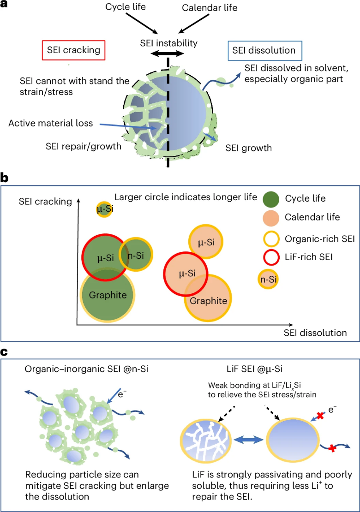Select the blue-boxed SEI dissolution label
[262, 49]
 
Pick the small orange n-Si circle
[268, 279]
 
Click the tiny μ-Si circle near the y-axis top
[104, 209]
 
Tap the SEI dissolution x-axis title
[315, 333]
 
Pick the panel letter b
[6, 177]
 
